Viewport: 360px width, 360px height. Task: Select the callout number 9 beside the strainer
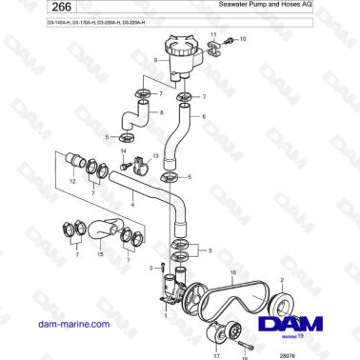click(155, 59)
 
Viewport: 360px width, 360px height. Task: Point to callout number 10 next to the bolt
click(242, 40)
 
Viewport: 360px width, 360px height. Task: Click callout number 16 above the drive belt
click(232, 273)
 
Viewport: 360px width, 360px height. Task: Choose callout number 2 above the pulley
click(282, 279)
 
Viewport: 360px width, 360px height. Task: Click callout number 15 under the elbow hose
click(99, 254)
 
